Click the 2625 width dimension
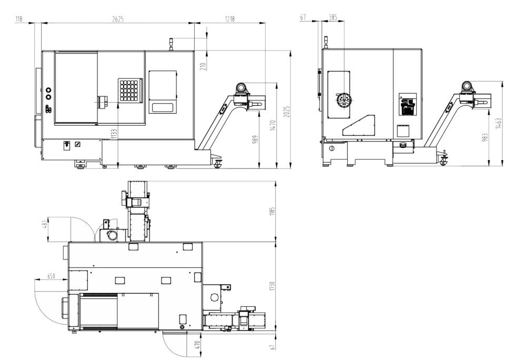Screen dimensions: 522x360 coord(118,19)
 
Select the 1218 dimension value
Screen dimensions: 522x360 coord(230,19)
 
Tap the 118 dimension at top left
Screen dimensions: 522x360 coord(18,19)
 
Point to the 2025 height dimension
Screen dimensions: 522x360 coord(287,112)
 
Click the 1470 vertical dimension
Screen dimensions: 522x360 coord(273,126)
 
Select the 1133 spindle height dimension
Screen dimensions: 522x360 coord(114,134)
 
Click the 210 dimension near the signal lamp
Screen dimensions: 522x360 coord(204,66)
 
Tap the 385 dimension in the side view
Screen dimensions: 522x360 coord(333,17)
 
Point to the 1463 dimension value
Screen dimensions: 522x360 coord(498,123)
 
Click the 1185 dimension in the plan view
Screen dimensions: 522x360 coord(273,212)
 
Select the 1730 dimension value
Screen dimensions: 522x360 coord(273,286)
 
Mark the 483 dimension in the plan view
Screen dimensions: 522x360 coord(45,225)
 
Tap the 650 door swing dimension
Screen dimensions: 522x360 coord(51,276)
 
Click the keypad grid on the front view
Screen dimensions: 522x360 coord(130,90)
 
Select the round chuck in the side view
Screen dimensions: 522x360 coord(344,100)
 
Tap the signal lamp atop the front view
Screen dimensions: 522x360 coord(171,44)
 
